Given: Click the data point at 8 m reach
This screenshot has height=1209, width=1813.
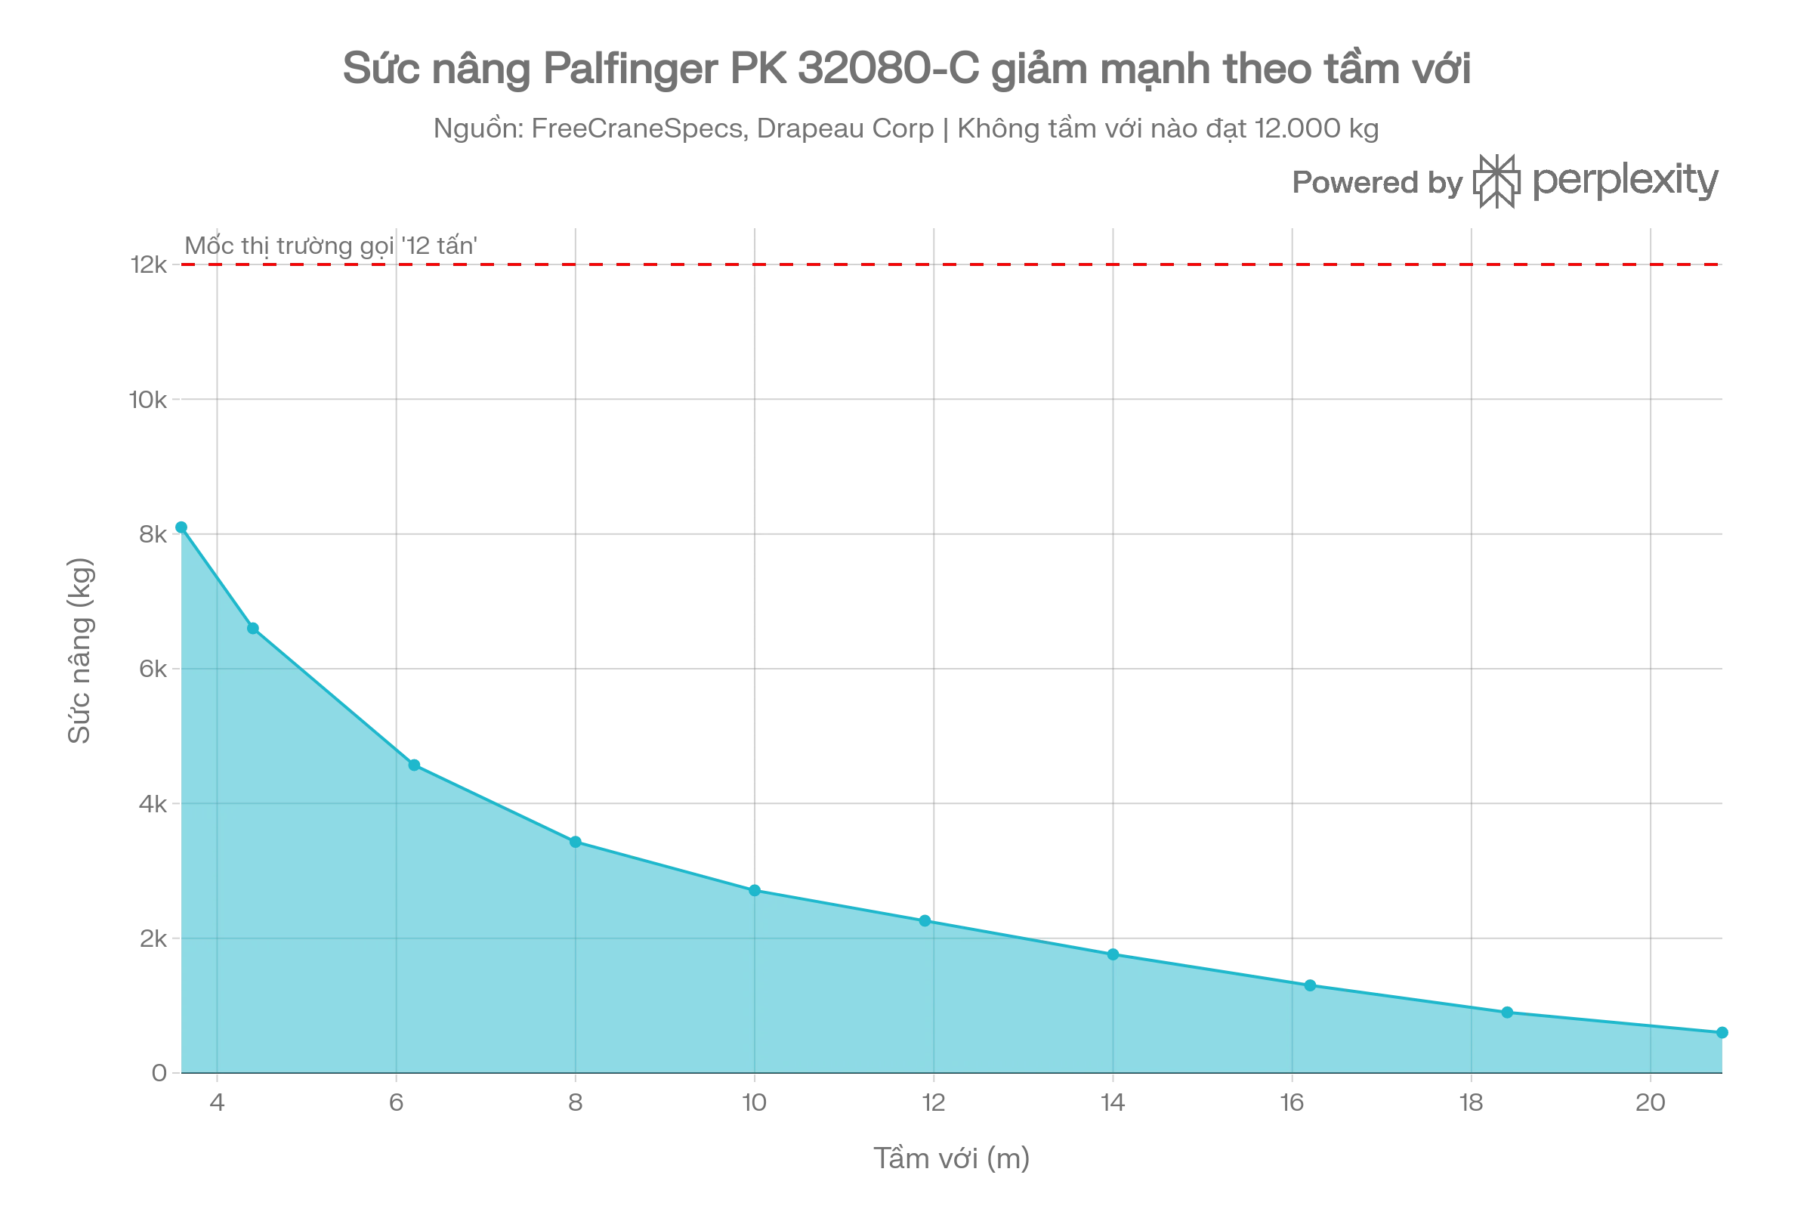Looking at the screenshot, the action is (575, 842).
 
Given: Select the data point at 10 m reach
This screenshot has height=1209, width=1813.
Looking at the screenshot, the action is (755, 891).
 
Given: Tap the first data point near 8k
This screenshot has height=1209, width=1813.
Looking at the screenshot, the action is (181, 527).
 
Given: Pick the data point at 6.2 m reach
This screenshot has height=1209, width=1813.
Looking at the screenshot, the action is (414, 765).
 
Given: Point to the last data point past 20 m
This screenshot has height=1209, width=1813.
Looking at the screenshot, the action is (1722, 1032).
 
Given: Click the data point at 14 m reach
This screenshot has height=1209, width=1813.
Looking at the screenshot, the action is (1113, 954).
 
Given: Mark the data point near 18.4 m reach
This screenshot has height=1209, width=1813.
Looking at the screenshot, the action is (1507, 1013).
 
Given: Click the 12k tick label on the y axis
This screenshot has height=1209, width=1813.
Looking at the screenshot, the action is (149, 265).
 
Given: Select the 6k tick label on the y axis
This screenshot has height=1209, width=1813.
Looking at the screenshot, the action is (153, 669).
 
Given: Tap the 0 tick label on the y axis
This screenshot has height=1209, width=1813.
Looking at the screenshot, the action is (159, 1072).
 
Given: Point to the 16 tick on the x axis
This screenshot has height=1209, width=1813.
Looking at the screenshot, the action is (1292, 1102).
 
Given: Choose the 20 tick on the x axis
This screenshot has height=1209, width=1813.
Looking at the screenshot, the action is (1651, 1102).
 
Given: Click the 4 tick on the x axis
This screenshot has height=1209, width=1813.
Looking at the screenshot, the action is (218, 1102).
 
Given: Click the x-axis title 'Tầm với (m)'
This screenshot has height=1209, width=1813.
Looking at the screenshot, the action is (951, 1158).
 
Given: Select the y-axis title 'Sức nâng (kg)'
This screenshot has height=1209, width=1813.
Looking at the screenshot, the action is (79, 650).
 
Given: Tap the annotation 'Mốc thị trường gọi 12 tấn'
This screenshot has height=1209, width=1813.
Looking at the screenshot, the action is (331, 245).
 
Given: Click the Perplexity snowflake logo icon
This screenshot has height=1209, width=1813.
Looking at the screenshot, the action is (1496, 181).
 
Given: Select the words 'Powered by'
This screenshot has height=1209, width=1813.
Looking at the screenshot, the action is (1377, 183).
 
